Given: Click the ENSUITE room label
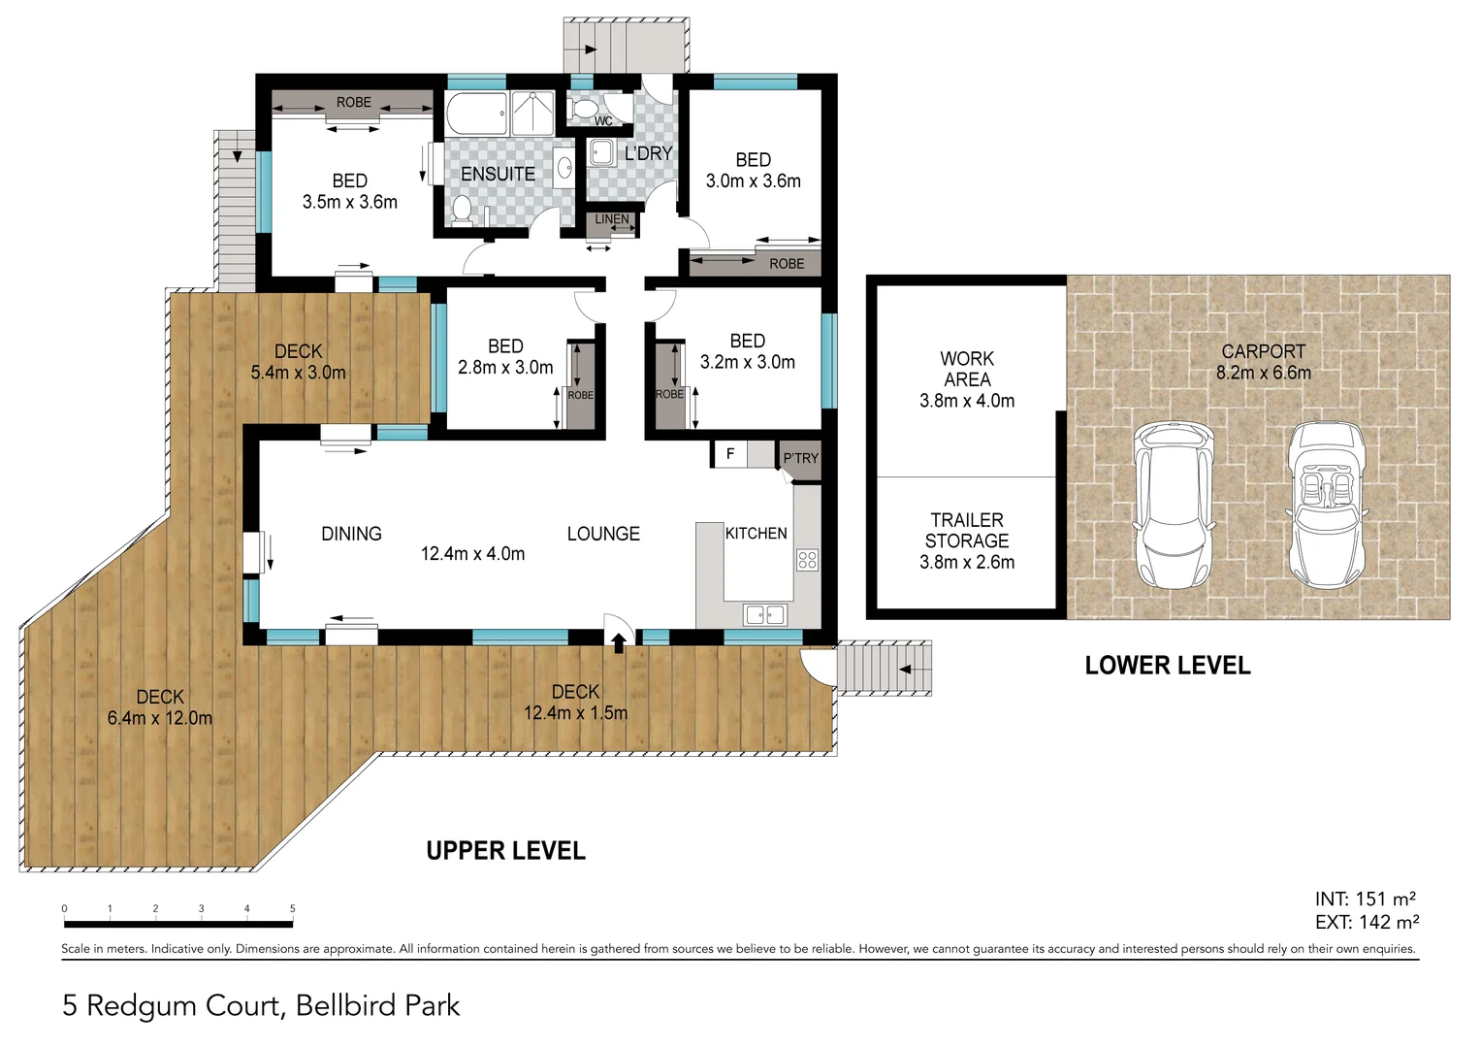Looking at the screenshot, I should (498, 175).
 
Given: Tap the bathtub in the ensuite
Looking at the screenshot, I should (476, 114).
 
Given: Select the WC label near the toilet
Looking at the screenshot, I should (603, 121).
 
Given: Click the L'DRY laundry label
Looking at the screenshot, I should (648, 153).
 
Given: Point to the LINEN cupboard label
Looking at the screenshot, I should (611, 219).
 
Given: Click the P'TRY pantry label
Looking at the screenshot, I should (800, 458).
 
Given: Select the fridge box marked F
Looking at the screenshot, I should (730, 454).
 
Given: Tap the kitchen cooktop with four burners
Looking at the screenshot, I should (807, 559).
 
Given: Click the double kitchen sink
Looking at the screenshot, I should (765, 613).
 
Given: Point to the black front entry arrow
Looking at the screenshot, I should (619, 641).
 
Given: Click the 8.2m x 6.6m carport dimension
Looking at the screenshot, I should (1263, 373).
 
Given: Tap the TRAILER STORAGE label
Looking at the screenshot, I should (967, 531).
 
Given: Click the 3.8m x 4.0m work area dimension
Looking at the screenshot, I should (967, 401).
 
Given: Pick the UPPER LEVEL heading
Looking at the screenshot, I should (505, 851).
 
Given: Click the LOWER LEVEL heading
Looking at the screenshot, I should (1167, 666).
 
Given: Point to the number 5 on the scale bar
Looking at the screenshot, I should (292, 909).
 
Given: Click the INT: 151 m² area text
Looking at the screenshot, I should (1365, 900).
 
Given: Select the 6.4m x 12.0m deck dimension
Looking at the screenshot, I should (160, 718).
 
